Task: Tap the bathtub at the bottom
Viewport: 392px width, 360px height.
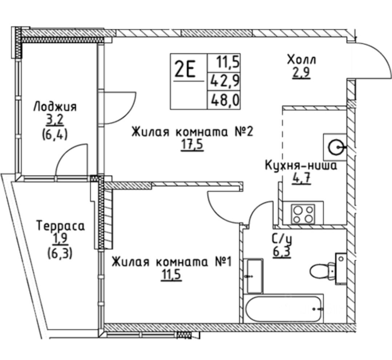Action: click(284, 308)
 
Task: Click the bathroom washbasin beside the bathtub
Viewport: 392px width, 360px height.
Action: click(254, 276)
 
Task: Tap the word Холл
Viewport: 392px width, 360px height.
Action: click(301, 59)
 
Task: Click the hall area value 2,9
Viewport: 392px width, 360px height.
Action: click(301, 73)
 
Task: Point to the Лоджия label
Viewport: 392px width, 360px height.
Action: click(55, 107)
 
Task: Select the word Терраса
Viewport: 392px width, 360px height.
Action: click(61, 226)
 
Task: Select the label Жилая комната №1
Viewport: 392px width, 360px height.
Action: click(171, 261)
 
